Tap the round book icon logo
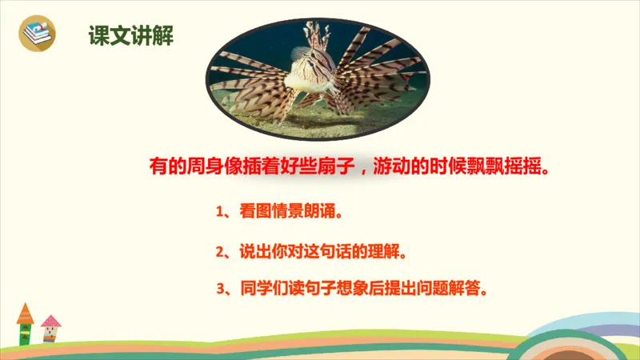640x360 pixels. (x=37, y=34)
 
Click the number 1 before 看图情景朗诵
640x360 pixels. (x=219, y=214)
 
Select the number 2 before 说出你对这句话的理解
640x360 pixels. (x=219, y=252)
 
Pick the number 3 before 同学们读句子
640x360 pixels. (x=219, y=287)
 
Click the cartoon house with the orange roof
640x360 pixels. (x=25, y=323)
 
